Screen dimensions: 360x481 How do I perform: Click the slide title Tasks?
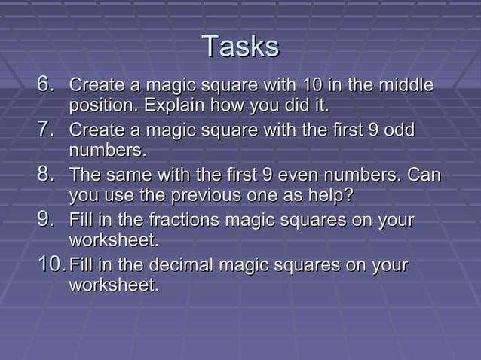click(240, 47)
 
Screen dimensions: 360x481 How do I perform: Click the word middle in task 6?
click(408, 84)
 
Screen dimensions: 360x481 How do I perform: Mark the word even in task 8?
click(298, 175)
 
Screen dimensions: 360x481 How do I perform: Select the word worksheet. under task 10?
click(114, 286)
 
